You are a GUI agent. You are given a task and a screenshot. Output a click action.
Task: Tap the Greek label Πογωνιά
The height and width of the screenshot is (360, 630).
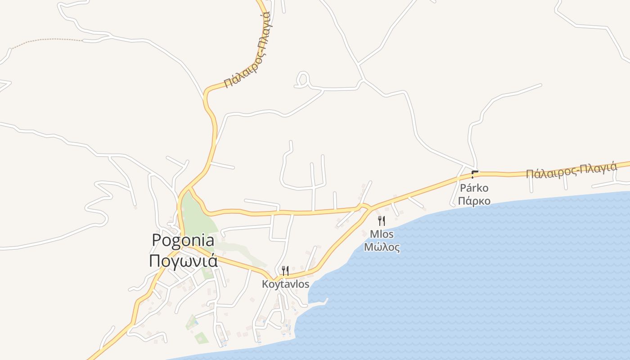click(183, 261)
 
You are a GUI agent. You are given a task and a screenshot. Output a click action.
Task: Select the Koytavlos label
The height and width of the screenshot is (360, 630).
click(286, 284)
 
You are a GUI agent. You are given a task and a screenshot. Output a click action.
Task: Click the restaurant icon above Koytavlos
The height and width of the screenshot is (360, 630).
click(285, 270)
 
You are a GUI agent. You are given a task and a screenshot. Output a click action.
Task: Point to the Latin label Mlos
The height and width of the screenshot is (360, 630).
click(382, 234)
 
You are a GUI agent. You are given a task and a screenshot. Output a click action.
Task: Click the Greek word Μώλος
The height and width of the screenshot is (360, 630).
click(382, 247)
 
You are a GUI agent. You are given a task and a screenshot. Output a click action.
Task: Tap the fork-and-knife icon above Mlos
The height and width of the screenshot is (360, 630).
click(382, 220)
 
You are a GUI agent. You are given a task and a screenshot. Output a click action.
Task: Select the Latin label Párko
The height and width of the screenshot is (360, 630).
click(474, 188)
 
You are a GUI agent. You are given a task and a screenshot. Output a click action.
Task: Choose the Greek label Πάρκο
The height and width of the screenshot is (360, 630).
click(474, 201)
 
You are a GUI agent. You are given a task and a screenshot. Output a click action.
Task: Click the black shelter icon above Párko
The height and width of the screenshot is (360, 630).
click(474, 174)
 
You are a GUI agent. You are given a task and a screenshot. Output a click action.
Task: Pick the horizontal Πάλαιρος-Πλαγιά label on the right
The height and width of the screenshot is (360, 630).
click(571, 171)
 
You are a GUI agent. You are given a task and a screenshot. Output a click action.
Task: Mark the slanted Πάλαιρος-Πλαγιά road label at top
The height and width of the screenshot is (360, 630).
click(247, 49)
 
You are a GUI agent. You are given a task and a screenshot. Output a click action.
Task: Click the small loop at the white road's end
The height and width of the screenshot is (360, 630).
click(302, 80)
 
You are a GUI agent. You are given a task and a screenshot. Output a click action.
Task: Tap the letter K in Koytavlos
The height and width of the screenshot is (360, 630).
click(265, 284)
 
